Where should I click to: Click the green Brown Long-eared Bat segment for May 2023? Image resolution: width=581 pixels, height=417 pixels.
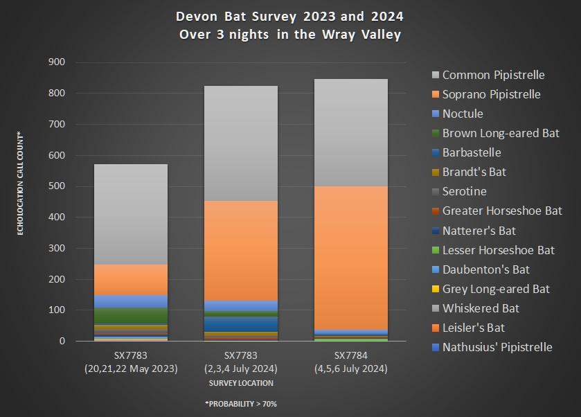pos(131,315)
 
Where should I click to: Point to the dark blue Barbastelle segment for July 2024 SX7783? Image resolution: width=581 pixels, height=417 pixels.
pos(241,323)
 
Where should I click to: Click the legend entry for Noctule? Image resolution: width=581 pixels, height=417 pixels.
pos(462,114)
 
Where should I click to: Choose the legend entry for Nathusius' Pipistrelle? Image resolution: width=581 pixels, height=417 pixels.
pos(497,347)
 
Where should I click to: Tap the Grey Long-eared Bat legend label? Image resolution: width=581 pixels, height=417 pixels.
pos(495,289)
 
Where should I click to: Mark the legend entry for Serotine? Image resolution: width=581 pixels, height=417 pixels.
pos(464,192)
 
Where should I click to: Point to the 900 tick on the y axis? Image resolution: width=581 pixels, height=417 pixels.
pos(56,62)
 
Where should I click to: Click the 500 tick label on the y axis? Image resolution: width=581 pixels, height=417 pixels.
pos(56,186)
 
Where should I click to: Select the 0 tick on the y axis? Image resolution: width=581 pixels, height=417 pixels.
pos(62,341)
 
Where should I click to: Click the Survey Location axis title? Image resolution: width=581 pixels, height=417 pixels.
pos(241,383)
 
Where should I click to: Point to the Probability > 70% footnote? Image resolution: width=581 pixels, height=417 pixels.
pos(242,403)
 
